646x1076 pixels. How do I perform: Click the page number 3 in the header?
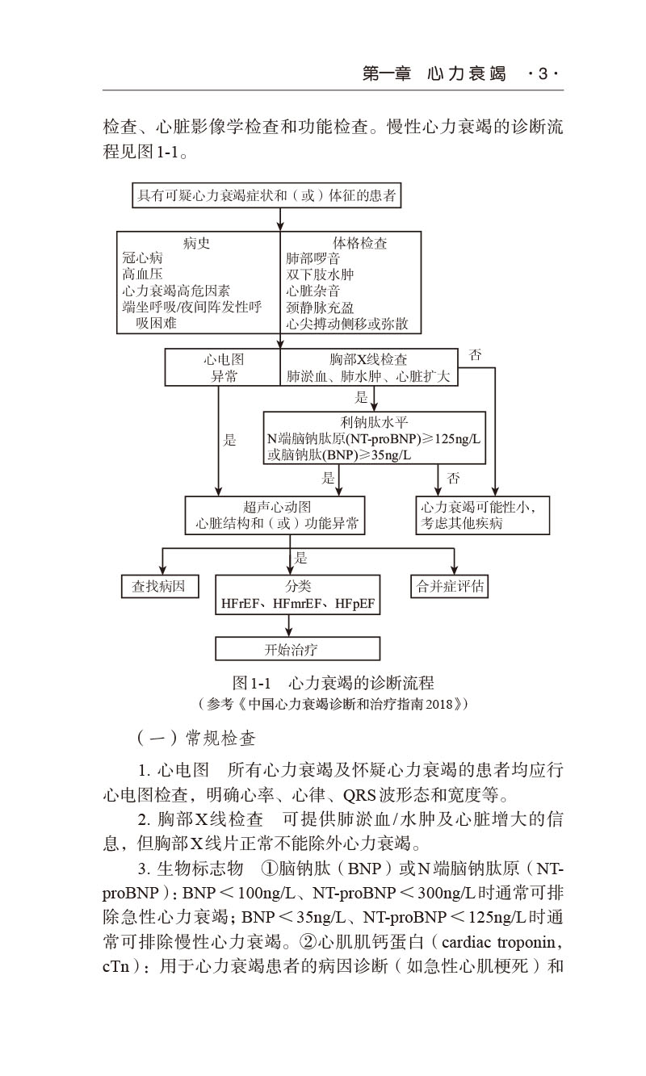tap(543, 74)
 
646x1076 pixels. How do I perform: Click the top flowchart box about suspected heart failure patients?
tap(266, 195)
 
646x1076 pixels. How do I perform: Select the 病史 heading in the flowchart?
tap(196, 242)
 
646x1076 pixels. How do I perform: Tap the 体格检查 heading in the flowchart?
tap(359, 242)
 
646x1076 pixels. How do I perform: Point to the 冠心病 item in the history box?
tap(142, 258)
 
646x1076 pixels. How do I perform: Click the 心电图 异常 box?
tap(223, 367)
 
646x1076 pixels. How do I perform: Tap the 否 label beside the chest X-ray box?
tap(476, 355)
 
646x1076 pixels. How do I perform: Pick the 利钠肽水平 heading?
tap(375, 422)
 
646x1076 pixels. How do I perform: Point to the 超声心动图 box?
tap(277, 515)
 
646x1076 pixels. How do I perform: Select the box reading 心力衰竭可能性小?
tap(482, 515)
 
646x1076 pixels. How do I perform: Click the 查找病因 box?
tap(158, 586)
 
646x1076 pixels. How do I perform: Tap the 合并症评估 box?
tap(451, 586)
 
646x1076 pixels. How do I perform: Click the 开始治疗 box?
tap(297, 649)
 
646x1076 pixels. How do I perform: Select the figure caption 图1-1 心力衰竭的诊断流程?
tap(333, 683)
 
